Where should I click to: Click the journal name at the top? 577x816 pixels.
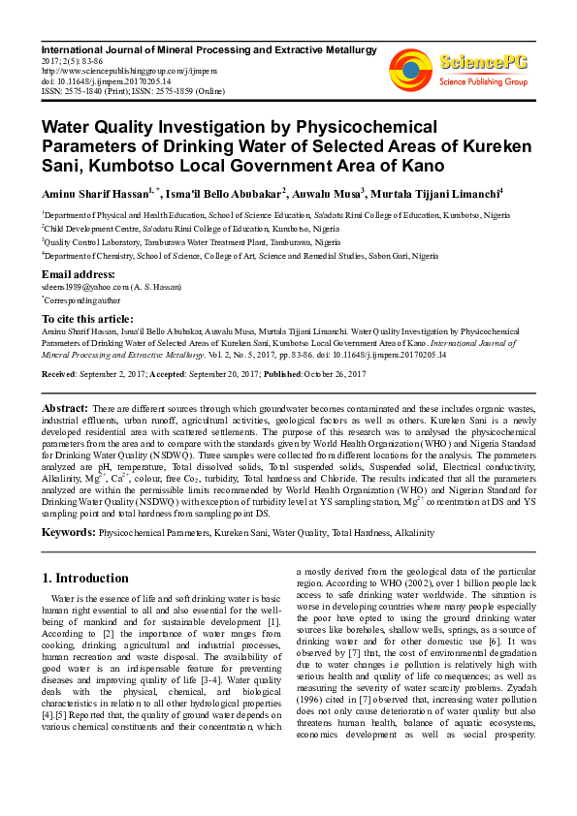(x=208, y=47)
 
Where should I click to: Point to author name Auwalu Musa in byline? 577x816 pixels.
(x=328, y=192)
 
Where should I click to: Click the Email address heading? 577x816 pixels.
(x=79, y=274)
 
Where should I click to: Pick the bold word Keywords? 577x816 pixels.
(x=68, y=532)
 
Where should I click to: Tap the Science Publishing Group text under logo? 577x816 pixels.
(x=484, y=81)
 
